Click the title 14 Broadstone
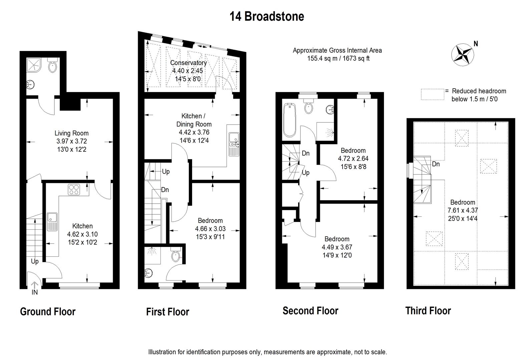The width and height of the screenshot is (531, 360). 267,16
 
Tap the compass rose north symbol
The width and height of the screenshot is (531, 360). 463,54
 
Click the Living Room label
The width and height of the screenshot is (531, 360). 71,133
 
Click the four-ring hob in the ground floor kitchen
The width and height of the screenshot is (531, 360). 74,190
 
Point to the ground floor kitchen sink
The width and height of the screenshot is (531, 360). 52,221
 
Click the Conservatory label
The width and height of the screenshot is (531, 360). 188,63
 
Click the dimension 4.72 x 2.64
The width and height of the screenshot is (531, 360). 353,159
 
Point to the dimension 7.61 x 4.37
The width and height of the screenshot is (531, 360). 463,210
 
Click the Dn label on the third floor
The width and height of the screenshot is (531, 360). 436,164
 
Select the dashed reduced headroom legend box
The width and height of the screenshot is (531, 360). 433,94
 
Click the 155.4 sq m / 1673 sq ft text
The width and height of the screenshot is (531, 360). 338,59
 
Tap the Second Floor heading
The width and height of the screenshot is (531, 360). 310,311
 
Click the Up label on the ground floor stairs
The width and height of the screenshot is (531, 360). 35,261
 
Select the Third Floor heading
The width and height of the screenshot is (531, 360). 428,311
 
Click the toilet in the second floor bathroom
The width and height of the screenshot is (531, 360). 309,106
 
